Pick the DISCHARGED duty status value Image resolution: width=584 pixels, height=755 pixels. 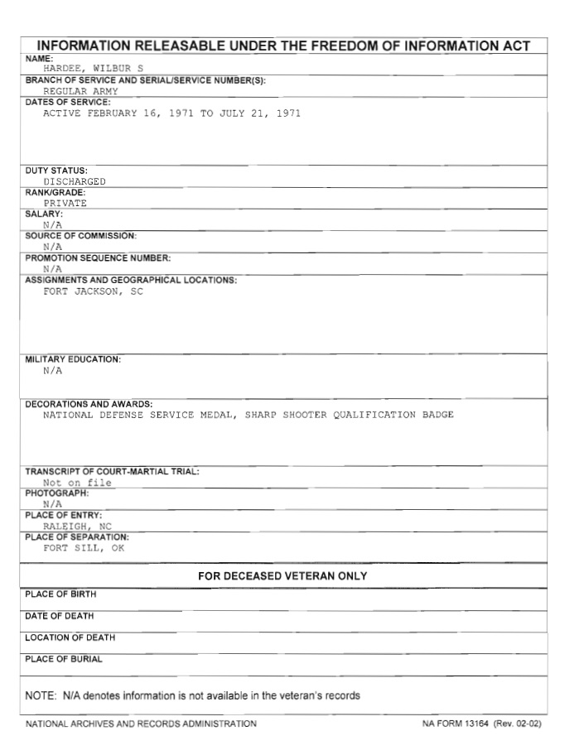point(75,180)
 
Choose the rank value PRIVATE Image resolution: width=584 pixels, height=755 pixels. point(65,203)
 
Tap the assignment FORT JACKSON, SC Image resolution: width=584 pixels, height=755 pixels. point(93,291)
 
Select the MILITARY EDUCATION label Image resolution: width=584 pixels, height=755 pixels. point(73,359)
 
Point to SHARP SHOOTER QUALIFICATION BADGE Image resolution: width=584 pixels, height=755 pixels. point(349,415)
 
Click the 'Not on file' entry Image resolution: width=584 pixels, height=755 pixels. point(77,483)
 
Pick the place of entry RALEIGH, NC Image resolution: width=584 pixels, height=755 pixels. point(77,526)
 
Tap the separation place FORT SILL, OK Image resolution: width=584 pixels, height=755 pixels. point(83,547)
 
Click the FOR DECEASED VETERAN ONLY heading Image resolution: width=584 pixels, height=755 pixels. point(282,576)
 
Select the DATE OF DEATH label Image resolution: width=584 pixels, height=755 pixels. point(59,616)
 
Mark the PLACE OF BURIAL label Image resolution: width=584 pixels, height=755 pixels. point(64,659)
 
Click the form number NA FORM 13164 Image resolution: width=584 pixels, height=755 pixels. point(456,724)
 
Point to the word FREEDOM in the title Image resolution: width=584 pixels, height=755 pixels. point(349,46)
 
